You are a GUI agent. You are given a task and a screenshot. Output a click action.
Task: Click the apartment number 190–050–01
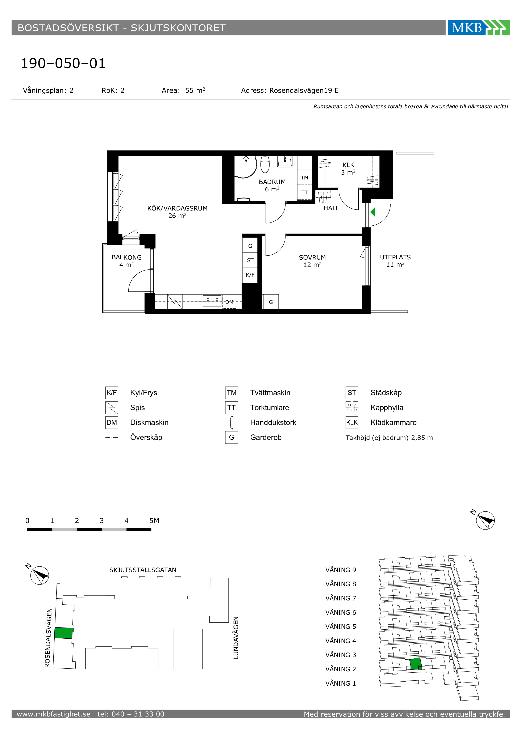pyautogui.click(x=63, y=63)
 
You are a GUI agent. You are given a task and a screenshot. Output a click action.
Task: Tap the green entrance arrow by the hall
pyautogui.click(x=373, y=212)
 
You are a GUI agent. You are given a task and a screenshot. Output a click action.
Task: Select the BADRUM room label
pyautogui.click(x=272, y=182)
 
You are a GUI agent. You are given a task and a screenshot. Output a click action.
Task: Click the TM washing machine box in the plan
pyautogui.click(x=304, y=178)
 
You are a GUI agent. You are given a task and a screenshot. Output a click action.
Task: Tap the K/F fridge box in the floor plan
pyautogui.click(x=250, y=275)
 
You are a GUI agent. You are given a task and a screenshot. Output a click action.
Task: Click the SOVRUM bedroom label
pyautogui.click(x=312, y=258)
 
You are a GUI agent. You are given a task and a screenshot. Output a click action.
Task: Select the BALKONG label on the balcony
pyautogui.click(x=126, y=258)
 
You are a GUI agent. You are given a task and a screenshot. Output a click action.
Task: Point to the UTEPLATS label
pyautogui.click(x=395, y=258)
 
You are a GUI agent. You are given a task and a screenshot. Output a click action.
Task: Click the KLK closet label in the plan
pyautogui.click(x=348, y=165)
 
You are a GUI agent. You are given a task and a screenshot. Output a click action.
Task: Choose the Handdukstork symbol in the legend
pyautogui.click(x=231, y=422)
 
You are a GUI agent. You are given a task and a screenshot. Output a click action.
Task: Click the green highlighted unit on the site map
pyautogui.click(x=63, y=633)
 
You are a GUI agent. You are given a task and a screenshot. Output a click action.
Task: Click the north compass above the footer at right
pyautogui.click(x=485, y=520)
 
